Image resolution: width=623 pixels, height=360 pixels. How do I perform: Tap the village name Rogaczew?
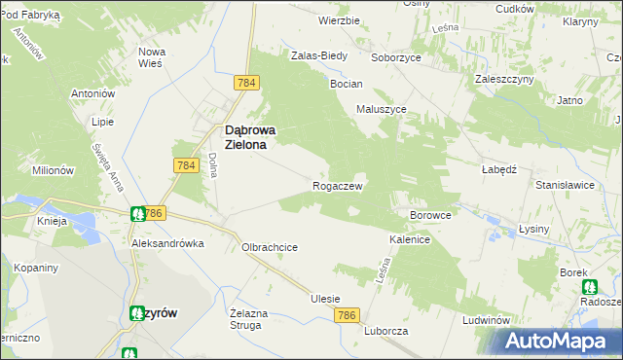tap(338, 185)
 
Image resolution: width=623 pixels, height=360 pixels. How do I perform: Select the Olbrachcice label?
tap(269, 247)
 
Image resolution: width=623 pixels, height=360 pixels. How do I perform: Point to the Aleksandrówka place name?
tap(168, 243)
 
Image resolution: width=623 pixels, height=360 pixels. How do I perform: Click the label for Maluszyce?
tap(381, 109)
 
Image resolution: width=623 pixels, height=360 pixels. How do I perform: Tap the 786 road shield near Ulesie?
tap(348, 315)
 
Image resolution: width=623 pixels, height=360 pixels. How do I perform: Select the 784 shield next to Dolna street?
tap(186, 166)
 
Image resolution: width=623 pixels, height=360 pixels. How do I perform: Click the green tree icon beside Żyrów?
tap(134, 312)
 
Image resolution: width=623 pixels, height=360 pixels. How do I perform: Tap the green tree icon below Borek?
tap(589, 287)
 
